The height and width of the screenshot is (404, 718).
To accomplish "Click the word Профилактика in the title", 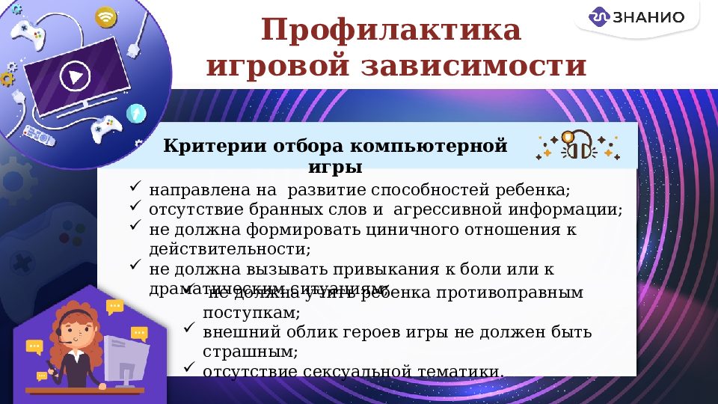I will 390,31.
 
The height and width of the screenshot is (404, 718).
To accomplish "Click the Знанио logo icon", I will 600,17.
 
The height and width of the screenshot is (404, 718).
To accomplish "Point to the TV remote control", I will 39,135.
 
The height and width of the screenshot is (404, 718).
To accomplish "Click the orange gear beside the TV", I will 7,78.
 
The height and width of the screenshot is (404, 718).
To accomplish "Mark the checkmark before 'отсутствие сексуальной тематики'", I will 189,368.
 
